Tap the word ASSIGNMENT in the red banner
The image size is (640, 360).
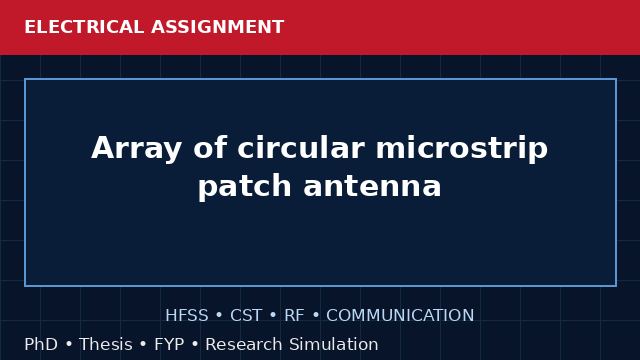(x=217, y=27)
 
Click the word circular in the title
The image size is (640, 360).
(x=301, y=147)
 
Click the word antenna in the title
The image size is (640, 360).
(x=372, y=186)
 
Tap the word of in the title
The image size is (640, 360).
(x=209, y=147)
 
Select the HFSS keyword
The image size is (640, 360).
(x=187, y=316)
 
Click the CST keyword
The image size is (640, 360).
(x=246, y=316)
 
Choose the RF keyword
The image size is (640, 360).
(x=294, y=316)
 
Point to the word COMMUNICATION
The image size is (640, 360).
(x=400, y=316)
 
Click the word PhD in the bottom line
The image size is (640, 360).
(x=41, y=344)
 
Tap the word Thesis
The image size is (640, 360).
(x=106, y=344)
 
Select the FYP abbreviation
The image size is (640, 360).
(x=169, y=344)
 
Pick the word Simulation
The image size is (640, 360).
(x=334, y=344)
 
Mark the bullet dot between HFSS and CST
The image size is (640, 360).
(x=219, y=316)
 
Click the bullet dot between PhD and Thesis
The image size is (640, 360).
(x=69, y=345)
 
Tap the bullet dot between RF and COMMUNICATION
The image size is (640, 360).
(x=316, y=316)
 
